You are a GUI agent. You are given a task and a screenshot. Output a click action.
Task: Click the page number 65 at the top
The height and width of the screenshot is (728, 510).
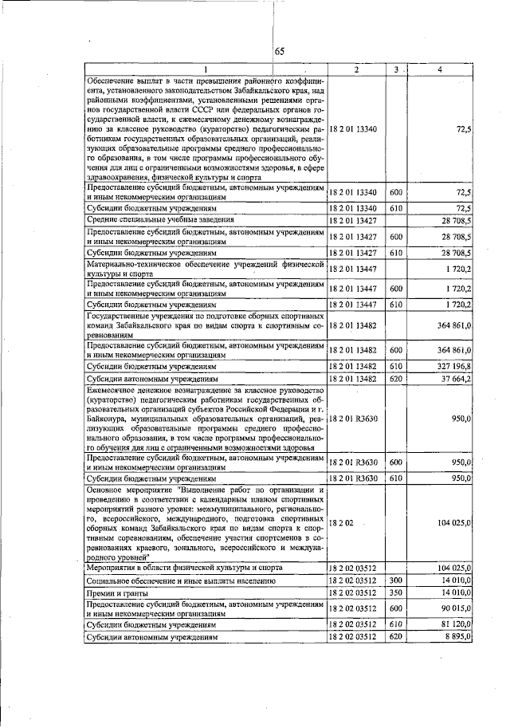pyautogui.click(x=280, y=52)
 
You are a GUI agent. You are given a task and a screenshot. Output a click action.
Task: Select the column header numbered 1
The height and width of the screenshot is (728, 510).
pyautogui.click(x=205, y=70)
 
